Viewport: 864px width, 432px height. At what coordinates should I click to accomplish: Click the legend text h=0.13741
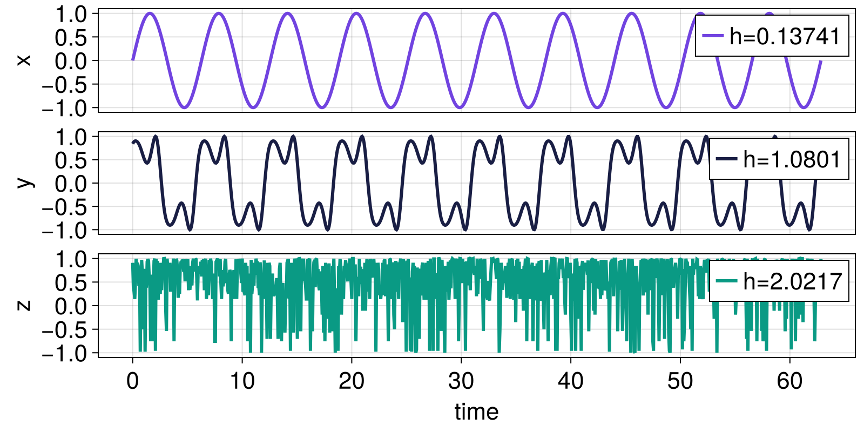(x=785, y=36)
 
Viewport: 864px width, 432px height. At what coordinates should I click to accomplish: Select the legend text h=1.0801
(x=792, y=159)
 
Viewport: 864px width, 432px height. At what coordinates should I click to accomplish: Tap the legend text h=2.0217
(x=792, y=281)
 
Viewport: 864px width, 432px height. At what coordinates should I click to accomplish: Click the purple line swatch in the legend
(x=712, y=36)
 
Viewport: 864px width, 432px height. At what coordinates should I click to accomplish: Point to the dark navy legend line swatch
(x=726, y=159)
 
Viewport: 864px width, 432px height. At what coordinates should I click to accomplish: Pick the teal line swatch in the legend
(x=726, y=281)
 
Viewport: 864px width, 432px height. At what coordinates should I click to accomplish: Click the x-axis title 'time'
(x=476, y=412)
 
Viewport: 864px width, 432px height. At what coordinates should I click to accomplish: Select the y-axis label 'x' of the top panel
(x=24, y=60)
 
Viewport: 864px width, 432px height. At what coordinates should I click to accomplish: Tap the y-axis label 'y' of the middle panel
(x=24, y=183)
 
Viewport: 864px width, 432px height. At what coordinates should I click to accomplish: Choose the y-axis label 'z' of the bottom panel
(x=24, y=306)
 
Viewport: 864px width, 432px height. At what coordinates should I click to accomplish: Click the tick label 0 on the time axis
(x=133, y=381)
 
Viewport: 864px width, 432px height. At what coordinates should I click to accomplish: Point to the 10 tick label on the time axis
(x=242, y=381)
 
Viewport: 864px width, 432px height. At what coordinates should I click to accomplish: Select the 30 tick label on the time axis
(x=461, y=381)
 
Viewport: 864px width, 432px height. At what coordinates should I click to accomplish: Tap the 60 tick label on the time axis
(x=789, y=381)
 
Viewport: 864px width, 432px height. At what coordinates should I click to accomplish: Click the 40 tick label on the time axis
(x=571, y=381)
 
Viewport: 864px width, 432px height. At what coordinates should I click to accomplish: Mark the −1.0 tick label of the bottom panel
(x=64, y=354)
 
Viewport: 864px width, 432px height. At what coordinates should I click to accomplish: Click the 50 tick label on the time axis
(x=680, y=381)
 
